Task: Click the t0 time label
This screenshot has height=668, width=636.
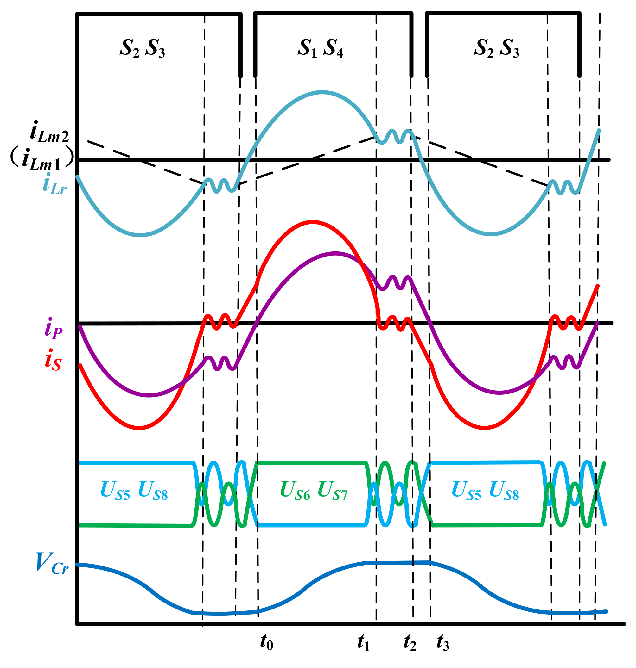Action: pos(266,642)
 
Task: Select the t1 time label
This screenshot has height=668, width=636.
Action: pos(363,642)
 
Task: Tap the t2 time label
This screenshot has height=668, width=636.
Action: pos(410,642)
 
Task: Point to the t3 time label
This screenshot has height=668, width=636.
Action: pos(443,642)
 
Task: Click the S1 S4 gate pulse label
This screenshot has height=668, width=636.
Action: pos(320,48)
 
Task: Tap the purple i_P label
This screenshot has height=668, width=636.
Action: pos(53,328)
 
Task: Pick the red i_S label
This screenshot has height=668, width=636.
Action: pos(53,360)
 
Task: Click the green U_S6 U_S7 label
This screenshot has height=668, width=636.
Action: pos(314,491)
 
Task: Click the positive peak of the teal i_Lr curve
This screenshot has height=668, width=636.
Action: pos(322,92)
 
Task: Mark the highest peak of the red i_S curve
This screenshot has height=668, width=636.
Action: pos(313,222)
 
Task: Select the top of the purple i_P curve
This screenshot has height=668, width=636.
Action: pos(335,254)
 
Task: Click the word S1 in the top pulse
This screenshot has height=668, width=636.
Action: pos(307,48)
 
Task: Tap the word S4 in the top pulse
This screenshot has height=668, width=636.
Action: pos(333,48)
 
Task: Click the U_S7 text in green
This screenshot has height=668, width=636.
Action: pos(333,491)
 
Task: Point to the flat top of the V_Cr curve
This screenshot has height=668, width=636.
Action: pos(398,563)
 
